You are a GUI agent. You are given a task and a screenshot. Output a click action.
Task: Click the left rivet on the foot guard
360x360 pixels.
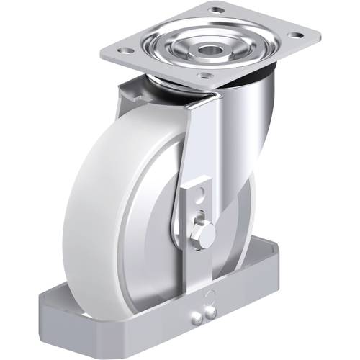tap(198, 314)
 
